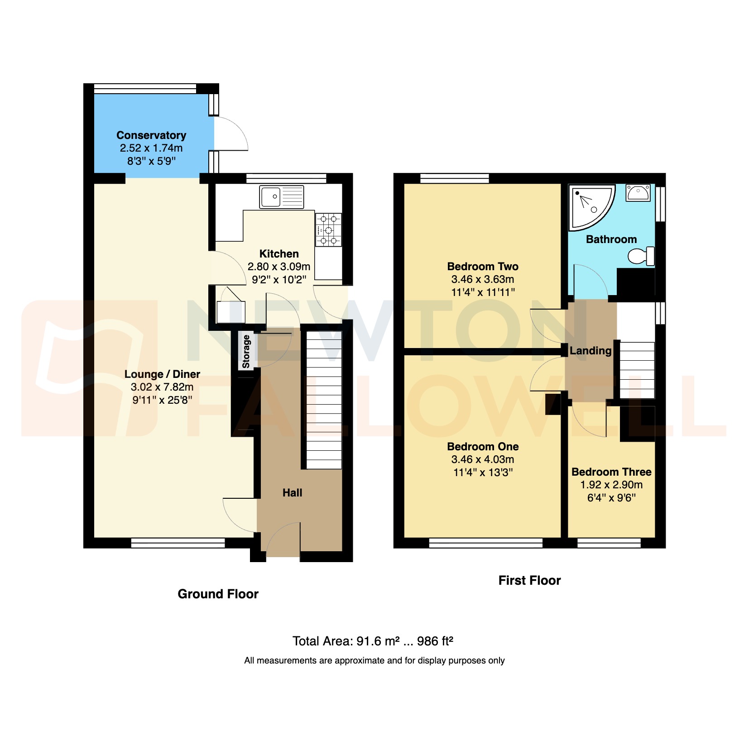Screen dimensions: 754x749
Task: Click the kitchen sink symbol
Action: pos(281,197)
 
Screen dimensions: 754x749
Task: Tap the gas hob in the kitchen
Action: pos(328,230)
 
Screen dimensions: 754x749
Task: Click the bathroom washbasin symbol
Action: pos(638,192)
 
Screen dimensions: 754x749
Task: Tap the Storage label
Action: pos(246,352)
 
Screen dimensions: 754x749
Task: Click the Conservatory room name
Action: pos(151,135)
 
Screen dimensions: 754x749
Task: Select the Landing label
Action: pos(591,351)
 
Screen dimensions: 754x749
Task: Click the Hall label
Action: pos(292,493)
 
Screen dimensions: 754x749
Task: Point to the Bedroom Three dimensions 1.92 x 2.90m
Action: pos(611,485)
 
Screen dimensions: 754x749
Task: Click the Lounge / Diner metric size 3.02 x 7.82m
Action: pos(162,387)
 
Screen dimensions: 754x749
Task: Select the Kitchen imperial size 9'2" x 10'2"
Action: pos(279,280)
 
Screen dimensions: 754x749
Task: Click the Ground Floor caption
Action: pos(218,594)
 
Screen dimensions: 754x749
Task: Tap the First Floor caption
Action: pos(529,580)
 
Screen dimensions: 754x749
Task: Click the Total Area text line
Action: pos(373,641)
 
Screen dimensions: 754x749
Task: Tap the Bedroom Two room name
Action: pos(483,267)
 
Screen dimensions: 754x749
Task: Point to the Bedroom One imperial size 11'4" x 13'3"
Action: pos(483,472)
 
